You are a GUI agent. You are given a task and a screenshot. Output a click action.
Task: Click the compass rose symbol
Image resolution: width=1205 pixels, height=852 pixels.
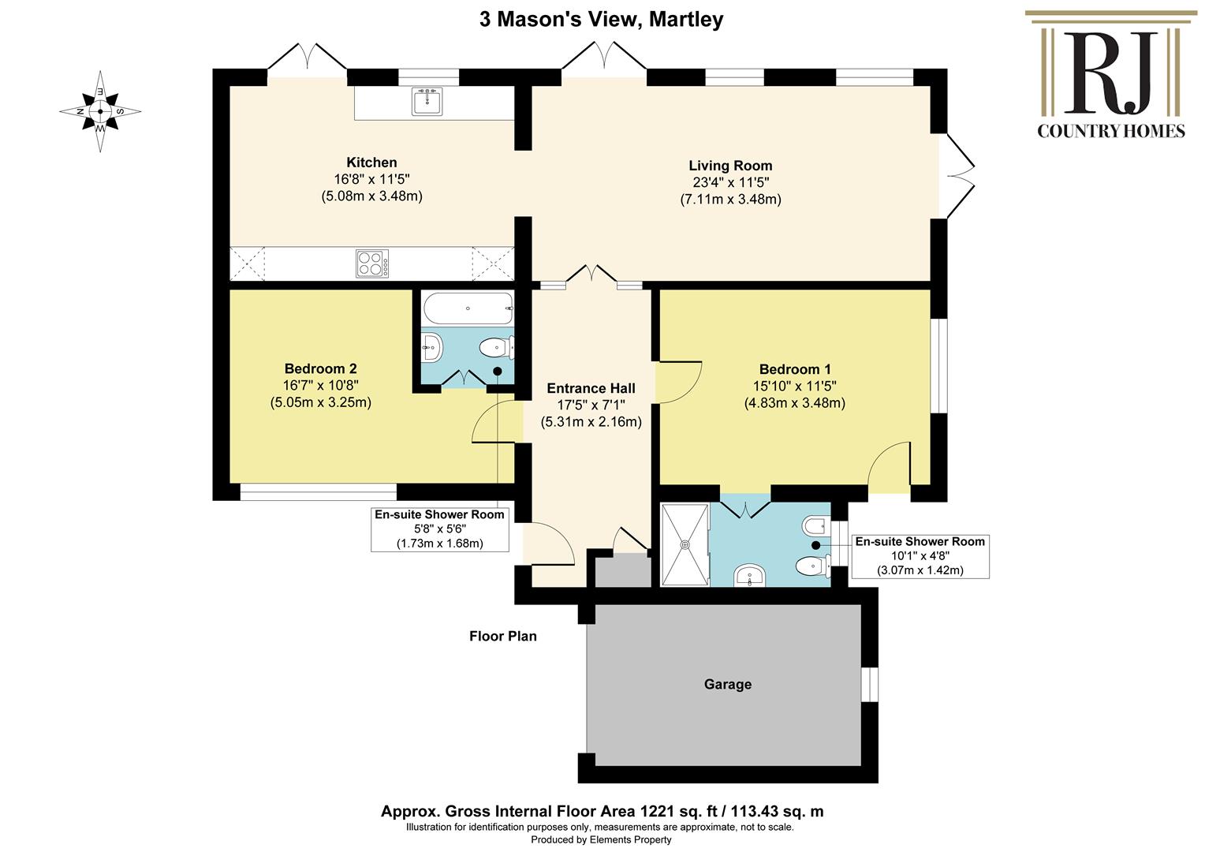pyautogui.click(x=100, y=111)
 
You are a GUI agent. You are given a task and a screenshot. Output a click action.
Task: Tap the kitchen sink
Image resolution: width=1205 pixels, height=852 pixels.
pyautogui.click(x=427, y=101)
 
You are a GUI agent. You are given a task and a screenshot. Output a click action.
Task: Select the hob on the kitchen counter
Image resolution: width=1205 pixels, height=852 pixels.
pyautogui.click(x=372, y=263)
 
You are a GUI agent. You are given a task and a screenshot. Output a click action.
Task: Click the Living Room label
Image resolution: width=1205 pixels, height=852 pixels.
pyautogui.click(x=730, y=166)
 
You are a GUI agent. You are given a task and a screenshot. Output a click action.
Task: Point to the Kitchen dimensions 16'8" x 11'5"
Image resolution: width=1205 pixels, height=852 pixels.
pyautogui.click(x=371, y=179)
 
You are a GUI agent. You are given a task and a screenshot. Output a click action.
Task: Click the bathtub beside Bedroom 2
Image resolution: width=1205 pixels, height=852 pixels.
pyautogui.click(x=468, y=308)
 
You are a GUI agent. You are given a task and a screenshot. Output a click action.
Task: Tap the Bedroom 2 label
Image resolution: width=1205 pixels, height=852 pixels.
pyautogui.click(x=321, y=368)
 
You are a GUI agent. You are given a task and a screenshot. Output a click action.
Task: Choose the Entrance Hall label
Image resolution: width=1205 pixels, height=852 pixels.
pyautogui.click(x=591, y=388)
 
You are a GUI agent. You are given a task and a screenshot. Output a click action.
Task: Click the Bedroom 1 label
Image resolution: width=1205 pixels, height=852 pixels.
pyautogui.click(x=795, y=369)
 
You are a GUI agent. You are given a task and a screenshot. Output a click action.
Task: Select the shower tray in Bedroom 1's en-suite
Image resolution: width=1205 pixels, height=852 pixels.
pyautogui.click(x=685, y=544)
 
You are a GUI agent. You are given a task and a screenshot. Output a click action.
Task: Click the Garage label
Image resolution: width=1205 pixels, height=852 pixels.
pyautogui.click(x=727, y=684)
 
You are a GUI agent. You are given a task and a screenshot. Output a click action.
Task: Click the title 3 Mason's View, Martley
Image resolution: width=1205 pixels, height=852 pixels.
pyautogui.click(x=602, y=20)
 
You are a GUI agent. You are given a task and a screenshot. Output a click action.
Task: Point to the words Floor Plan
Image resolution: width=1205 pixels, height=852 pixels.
pyautogui.click(x=503, y=636)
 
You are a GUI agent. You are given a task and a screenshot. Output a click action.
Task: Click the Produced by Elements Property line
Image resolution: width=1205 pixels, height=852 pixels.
pyautogui.click(x=601, y=839)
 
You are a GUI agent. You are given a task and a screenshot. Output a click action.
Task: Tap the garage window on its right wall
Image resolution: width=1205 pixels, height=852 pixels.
pyautogui.click(x=869, y=684)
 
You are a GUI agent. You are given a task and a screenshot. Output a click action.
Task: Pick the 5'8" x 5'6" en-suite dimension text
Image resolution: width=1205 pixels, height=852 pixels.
pyautogui.click(x=439, y=529)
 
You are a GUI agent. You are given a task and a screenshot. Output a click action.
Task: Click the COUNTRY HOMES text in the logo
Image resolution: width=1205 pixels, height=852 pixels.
pyautogui.click(x=1111, y=131)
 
